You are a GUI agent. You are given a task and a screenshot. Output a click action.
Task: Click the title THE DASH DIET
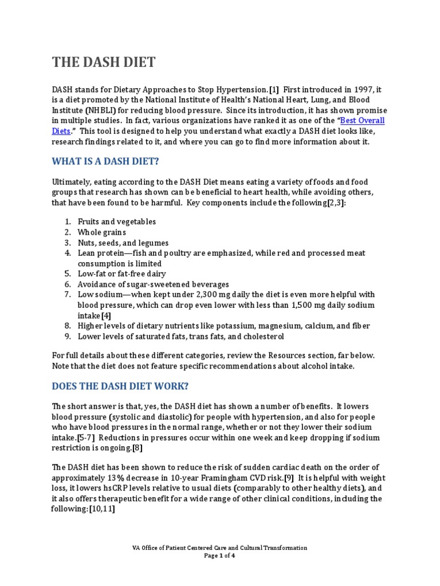(x=104, y=62)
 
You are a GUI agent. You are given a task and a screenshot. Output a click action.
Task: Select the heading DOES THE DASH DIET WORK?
(x=120, y=386)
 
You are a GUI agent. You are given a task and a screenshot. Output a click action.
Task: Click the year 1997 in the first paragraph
(x=350, y=89)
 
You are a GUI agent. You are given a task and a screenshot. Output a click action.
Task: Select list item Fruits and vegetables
(x=117, y=222)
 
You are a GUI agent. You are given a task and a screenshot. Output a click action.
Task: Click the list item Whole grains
(x=102, y=232)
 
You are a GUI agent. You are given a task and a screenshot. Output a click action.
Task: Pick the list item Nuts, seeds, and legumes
(x=123, y=243)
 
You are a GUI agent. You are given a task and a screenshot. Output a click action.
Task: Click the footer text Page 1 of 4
(x=219, y=555)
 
